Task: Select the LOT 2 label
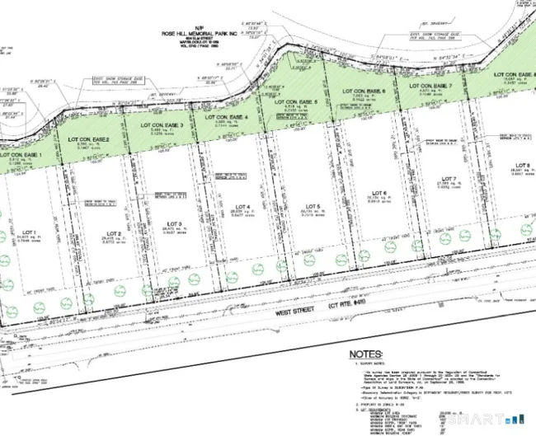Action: (115, 233)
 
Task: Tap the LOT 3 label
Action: (173, 223)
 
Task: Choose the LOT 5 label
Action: (312, 204)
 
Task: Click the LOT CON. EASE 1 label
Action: (21, 154)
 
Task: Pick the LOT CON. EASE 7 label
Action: (434, 85)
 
